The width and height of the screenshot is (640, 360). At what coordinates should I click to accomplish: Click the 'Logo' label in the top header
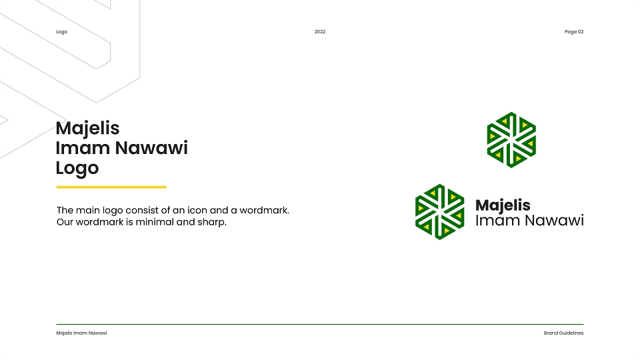point(61,32)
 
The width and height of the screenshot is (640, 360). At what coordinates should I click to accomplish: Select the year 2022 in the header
point(320,32)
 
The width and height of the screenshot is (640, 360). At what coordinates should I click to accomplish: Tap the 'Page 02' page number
point(574,32)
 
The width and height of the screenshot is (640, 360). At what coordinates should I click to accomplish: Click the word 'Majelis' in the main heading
point(88,129)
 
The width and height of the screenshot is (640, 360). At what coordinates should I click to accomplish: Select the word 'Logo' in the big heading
point(77,169)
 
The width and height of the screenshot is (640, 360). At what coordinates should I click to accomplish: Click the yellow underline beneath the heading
point(111,187)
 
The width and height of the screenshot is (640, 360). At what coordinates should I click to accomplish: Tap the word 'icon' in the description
point(197,210)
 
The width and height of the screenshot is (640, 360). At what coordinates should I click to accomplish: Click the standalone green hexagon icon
point(511,140)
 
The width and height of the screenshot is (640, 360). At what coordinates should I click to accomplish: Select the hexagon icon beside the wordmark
point(439,212)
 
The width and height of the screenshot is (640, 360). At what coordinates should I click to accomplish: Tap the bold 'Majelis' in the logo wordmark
point(503,205)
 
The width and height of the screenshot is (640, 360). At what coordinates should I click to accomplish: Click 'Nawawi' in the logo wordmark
point(555,221)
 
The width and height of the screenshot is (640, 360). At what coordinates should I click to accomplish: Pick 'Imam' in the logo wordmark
point(499,221)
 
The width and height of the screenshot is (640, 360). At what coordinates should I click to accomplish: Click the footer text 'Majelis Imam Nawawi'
point(81,333)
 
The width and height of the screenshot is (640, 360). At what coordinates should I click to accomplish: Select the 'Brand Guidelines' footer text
point(564,333)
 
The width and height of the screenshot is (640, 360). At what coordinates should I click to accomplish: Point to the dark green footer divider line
point(320,325)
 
